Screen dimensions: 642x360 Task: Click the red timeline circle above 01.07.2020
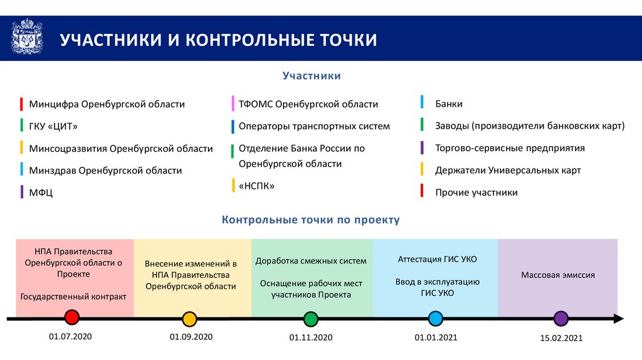pos(72,317)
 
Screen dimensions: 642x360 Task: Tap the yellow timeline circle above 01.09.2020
pos(189,319)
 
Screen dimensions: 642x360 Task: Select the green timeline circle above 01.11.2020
pos(310,319)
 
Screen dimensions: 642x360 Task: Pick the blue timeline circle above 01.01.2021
pos(436,319)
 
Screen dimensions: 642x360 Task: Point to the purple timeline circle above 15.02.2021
pos(561,319)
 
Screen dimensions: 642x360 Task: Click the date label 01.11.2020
pos(310,337)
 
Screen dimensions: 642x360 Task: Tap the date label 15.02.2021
pos(561,338)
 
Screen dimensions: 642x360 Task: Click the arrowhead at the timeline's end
pos(618,319)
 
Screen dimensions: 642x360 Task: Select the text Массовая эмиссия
pos(558,275)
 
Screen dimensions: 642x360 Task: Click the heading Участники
pos(312,76)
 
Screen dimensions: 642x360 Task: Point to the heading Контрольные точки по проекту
pos(310,220)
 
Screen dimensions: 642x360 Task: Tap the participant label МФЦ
pos(41,193)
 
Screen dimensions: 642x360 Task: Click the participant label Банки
pos(449,103)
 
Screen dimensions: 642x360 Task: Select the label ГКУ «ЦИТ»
pos(53,126)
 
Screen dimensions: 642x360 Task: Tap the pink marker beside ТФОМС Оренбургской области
pos(233,103)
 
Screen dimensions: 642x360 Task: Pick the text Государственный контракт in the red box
pos(73,297)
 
